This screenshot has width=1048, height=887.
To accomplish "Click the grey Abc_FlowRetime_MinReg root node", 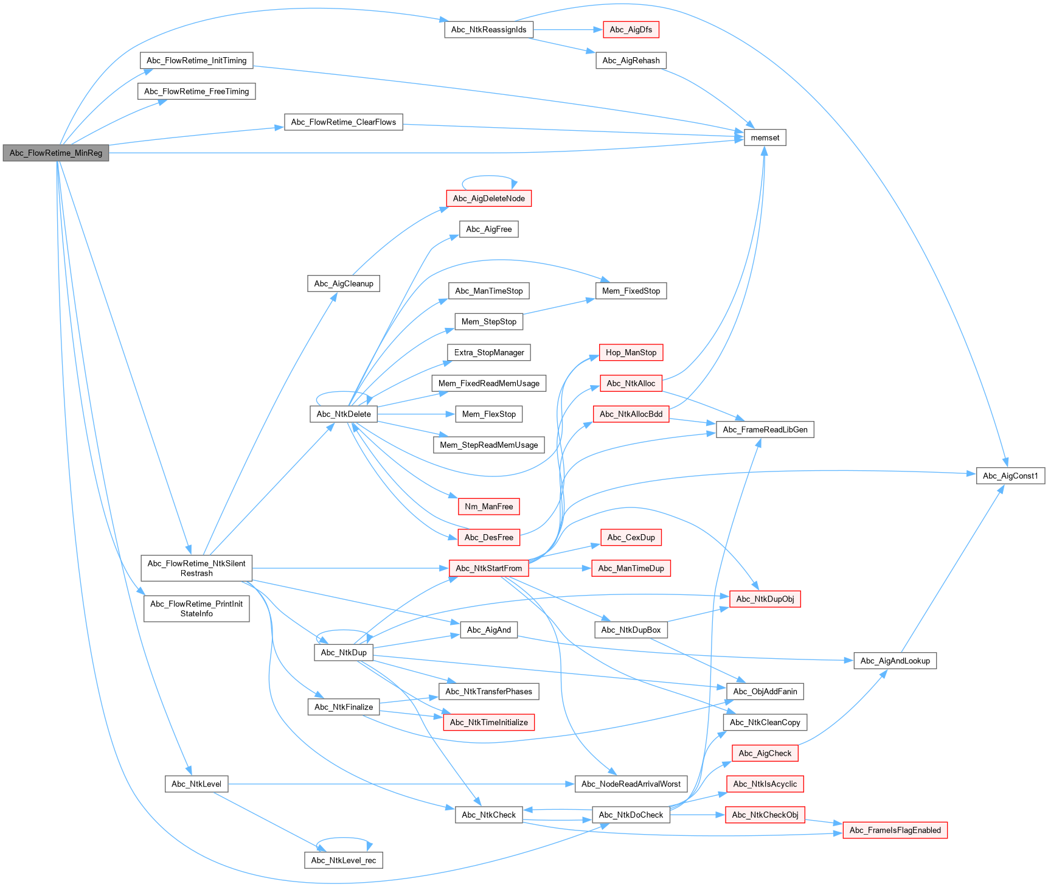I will click(56, 153).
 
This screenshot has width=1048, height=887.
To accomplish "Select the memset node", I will click(765, 137).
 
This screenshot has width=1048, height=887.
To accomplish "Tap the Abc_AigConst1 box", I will click(1010, 476).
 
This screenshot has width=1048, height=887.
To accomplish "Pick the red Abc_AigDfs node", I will click(631, 30).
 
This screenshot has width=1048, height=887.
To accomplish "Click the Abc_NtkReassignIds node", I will click(488, 30).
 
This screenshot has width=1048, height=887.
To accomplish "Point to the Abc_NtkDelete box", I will click(343, 414).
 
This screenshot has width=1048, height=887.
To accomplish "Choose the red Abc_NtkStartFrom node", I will click(488, 568).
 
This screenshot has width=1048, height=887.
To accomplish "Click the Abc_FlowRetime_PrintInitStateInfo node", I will click(196, 608).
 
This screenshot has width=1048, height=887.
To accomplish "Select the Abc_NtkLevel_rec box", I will click(343, 860).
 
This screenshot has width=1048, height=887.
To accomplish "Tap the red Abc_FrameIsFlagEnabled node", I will click(895, 830).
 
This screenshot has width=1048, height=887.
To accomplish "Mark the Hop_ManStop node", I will click(631, 353).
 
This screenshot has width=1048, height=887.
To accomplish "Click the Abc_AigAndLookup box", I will click(895, 661).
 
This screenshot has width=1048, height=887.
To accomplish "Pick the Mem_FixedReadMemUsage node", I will click(488, 383).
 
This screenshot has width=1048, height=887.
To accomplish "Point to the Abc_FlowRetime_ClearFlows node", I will click(343, 122).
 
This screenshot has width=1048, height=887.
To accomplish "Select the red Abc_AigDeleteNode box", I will click(488, 198).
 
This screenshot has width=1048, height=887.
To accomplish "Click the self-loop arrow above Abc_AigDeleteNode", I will click(488, 176).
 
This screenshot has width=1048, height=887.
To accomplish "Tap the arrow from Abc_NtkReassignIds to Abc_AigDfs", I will click(566, 30).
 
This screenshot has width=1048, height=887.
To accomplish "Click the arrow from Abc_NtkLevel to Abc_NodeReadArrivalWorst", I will click(401, 784).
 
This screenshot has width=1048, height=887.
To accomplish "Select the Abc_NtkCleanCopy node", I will click(765, 722).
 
